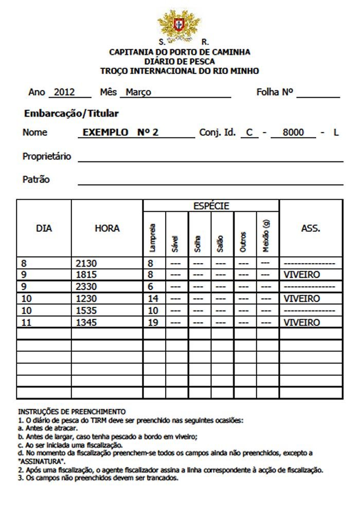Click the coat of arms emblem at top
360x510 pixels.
point(178,24)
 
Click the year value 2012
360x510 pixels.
point(65,93)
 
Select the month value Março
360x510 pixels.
point(138,93)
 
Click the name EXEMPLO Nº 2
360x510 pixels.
point(120,132)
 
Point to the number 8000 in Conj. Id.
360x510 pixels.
point(294,133)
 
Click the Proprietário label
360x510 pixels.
point(47,156)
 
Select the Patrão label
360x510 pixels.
point(36,180)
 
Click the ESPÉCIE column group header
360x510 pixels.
point(211,206)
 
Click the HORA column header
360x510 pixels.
point(107,228)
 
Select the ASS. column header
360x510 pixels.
point(311,228)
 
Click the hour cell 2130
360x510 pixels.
point(86,264)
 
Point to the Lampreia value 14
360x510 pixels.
point(153,299)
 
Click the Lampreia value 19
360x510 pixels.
point(153,323)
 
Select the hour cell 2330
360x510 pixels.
point(86,287)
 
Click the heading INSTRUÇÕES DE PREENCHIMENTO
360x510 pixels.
point(72,412)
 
